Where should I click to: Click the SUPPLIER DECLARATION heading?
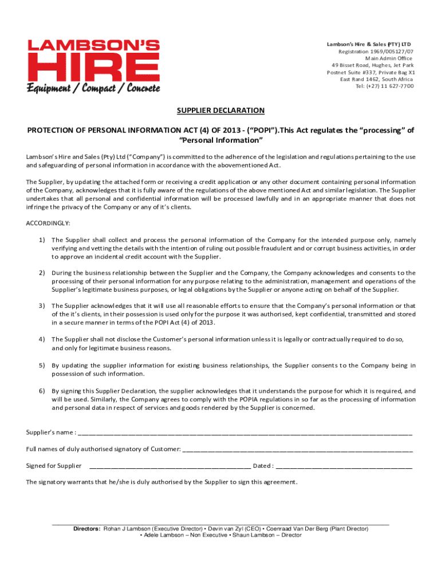(x=220, y=110)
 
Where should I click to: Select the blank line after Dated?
(x=344, y=466)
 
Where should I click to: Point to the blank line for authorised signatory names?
(x=297, y=449)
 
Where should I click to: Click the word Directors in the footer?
(x=86, y=529)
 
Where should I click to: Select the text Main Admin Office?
(x=388, y=58)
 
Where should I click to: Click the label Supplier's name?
(x=50, y=432)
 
